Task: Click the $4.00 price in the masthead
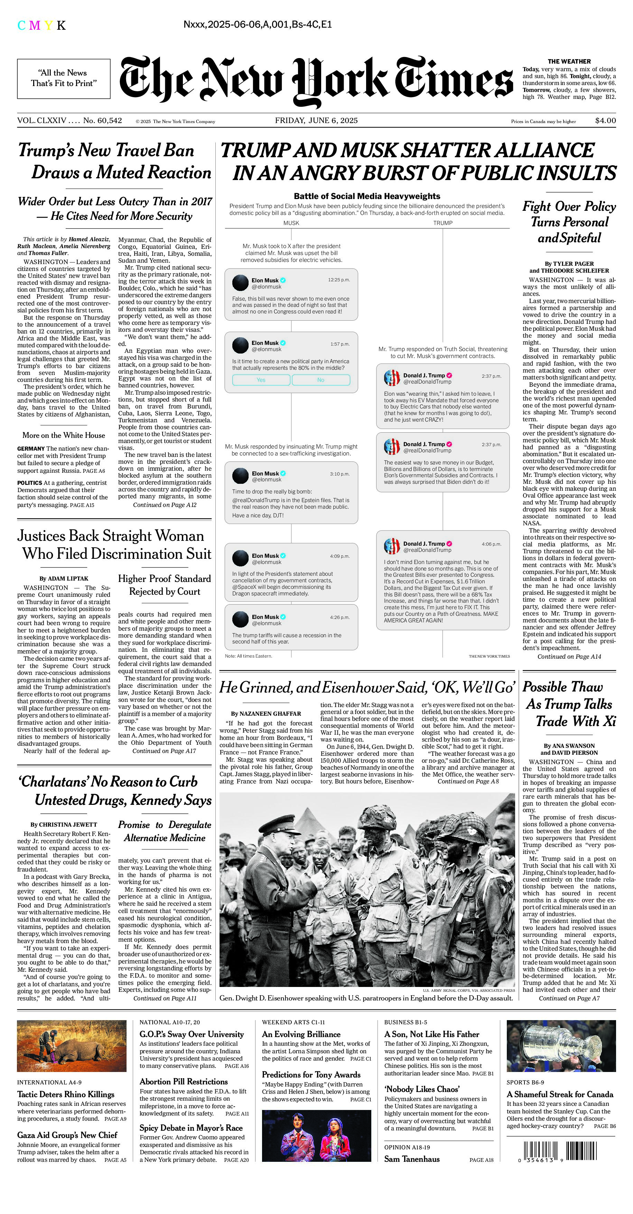tap(605, 121)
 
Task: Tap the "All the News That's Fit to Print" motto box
tap(64, 78)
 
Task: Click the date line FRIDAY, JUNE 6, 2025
tap(316, 121)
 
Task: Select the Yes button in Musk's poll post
tap(261, 380)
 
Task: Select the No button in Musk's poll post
tap(320, 380)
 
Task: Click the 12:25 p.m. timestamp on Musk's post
tap(339, 280)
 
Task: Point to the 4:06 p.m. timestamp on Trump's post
tap(491, 544)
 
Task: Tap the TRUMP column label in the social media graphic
tap(443, 223)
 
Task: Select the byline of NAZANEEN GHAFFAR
tap(266, 714)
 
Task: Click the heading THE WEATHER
tap(569, 61)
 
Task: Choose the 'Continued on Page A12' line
tap(165, 505)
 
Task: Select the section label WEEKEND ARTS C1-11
tap(293, 1022)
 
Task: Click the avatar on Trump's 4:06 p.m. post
tap(392, 546)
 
